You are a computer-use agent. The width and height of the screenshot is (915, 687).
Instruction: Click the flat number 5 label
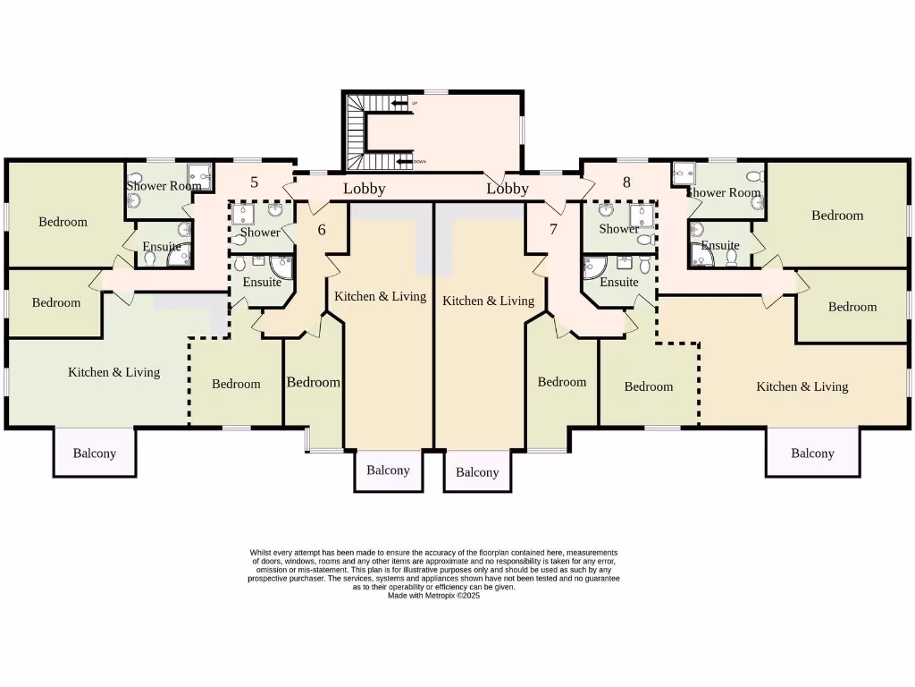(255, 182)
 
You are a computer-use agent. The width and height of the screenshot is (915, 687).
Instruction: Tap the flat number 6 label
(322, 229)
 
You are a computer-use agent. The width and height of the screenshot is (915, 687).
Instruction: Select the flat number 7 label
(553, 229)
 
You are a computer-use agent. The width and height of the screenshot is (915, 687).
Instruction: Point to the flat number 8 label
(626, 182)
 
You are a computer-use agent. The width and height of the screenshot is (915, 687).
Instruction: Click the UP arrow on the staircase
(399, 105)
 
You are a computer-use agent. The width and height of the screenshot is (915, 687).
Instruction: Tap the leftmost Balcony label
(95, 453)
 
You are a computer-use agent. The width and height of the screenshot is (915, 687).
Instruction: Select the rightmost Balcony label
(812, 453)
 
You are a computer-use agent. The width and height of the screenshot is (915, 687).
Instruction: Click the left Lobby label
(365, 188)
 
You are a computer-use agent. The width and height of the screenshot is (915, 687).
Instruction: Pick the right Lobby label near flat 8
(508, 188)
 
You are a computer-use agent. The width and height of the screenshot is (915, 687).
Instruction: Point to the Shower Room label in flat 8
(724, 192)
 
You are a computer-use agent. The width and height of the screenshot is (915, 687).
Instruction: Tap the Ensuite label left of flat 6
(262, 282)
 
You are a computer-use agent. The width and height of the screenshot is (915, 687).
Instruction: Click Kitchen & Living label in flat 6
(380, 296)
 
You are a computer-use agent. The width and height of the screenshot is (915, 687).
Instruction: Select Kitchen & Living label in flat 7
(488, 301)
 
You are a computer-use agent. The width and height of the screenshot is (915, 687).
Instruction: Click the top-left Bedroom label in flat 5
(63, 222)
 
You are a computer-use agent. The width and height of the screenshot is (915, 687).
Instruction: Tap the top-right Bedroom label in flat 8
(837, 215)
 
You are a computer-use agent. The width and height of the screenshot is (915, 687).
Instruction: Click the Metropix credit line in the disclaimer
(433, 595)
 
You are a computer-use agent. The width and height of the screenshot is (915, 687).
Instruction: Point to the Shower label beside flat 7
(618, 229)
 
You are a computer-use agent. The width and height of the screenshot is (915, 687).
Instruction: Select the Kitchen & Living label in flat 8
(802, 386)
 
